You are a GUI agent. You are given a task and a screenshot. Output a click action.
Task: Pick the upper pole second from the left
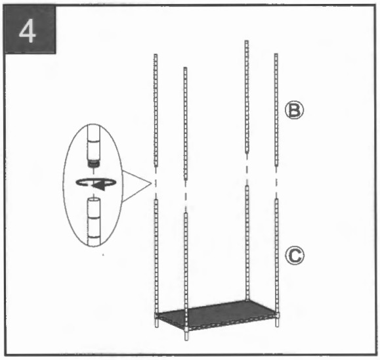pyautogui.click(x=185, y=118)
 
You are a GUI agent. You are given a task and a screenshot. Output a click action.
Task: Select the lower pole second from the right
pyautogui.click(x=247, y=243)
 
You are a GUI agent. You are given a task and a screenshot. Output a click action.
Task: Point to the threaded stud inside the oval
pyautogui.click(x=93, y=161)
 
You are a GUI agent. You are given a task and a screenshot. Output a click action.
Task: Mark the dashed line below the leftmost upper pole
pyautogui.click(x=156, y=182)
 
